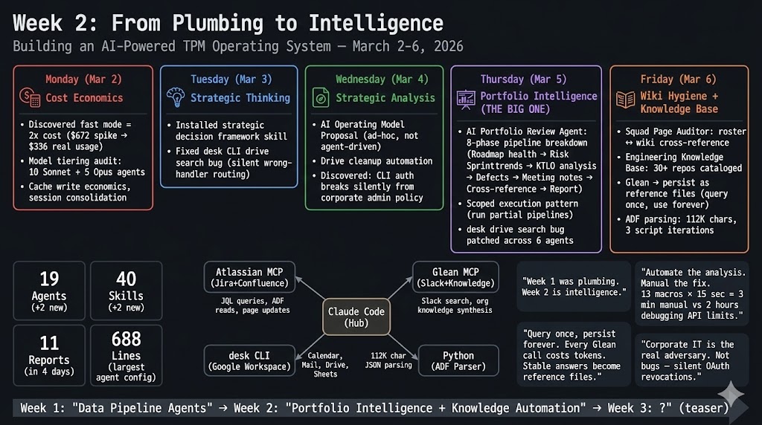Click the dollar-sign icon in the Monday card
tap(31, 97)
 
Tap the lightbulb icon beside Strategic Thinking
tap(176, 97)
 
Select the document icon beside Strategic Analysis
tap(321, 97)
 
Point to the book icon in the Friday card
tap(626, 99)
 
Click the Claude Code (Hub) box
tap(356, 317)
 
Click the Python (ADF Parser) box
tap(458, 361)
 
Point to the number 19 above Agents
tap(49, 279)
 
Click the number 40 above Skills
tap(126, 279)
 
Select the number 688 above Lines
tap(126, 339)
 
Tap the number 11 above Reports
tap(49, 343)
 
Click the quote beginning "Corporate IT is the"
tap(691, 360)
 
